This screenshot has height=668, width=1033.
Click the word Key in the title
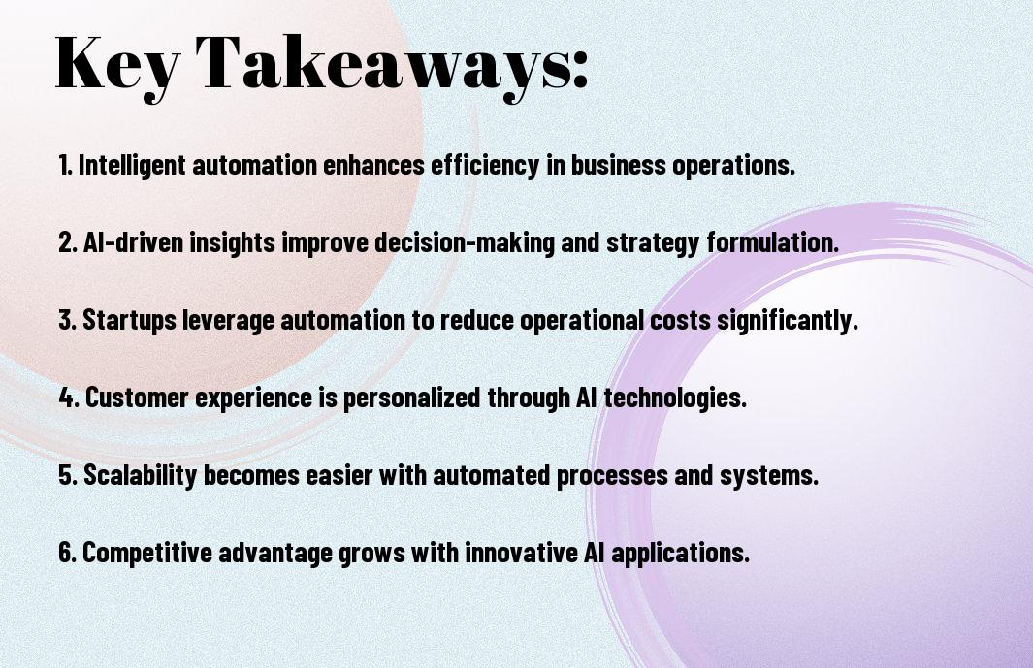117,65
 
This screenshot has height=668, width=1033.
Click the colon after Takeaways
580,68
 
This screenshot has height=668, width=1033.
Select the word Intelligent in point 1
132,165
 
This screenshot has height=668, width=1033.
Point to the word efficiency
486,165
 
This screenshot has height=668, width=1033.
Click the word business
618,164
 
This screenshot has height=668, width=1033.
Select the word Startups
129,320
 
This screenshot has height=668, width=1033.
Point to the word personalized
412,398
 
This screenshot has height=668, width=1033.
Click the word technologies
675,398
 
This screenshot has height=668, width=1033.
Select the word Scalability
140,476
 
